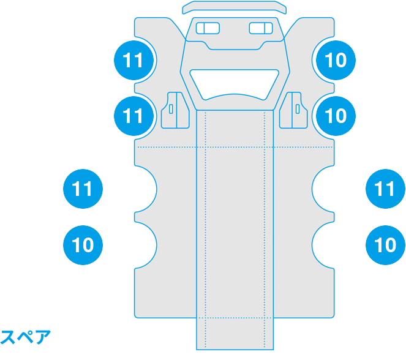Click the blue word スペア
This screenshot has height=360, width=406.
coord(25,337)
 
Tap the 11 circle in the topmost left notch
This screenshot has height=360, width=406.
coord(134,60)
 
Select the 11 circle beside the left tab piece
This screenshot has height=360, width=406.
coord(134,116)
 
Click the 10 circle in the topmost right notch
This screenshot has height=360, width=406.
coord(336,60)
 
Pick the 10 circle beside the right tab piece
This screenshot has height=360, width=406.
coord(336,116)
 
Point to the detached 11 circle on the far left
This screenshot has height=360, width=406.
coord(83,189)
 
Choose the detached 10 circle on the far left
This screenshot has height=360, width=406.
coord(83,245)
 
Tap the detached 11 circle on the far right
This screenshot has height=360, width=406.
coord(385,189)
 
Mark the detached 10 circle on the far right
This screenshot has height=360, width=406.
coord(385,245)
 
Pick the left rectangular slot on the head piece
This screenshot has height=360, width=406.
coord(208,28)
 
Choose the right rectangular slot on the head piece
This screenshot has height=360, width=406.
coord(261,28)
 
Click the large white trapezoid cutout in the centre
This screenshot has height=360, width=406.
coord(235,83)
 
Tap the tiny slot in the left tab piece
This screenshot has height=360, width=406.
coord(171,109)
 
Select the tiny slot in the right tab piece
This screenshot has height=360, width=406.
coord(298,109)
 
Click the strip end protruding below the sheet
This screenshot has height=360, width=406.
coord(235,334)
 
